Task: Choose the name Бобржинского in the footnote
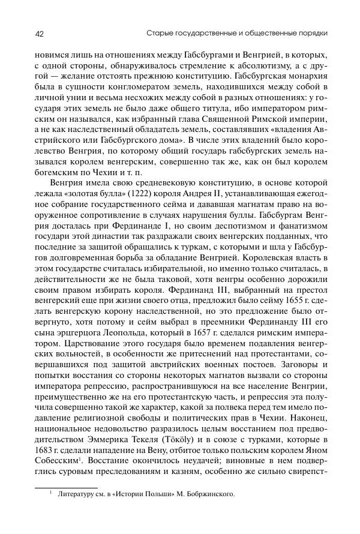point(204,496)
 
